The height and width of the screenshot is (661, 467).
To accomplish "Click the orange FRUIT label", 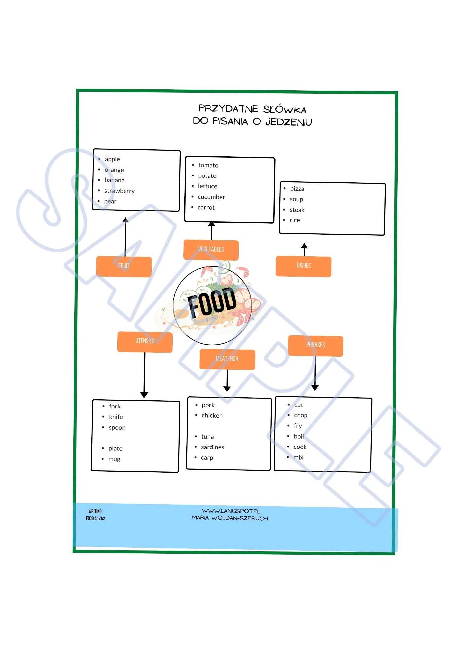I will (x=124, y=266).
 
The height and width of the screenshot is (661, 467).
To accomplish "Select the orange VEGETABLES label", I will (x=211, y=250).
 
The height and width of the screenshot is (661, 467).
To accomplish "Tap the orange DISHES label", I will (x=304, y=266).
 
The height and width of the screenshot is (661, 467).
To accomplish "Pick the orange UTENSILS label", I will (x=145, y=342).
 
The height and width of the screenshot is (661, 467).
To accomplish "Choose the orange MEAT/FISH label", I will (x=227, y=359).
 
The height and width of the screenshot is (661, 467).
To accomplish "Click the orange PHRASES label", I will (x=315, y=346).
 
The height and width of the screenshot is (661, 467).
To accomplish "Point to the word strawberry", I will (x=120, y=191).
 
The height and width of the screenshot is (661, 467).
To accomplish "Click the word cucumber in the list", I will (x=211, y=197).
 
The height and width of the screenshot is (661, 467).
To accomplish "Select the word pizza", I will (x=297, y=189).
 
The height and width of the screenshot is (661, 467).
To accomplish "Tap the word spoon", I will (x=117, y=428).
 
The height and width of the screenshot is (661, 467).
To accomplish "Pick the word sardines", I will (x=213, y=447).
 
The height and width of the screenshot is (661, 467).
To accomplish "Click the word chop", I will (x=301, y=415).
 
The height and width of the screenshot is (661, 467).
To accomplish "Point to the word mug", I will (x=114, y=459).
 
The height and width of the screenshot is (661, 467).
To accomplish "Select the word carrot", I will (x=206, y=208).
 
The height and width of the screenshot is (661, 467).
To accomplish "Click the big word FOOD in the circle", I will (x=212, y=302).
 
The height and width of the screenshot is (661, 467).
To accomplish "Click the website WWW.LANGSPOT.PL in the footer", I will (x=231, y=511).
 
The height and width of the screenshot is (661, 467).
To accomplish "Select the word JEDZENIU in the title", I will (x=289, y=122).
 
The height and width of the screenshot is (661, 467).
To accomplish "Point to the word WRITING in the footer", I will (x=95, y=511).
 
